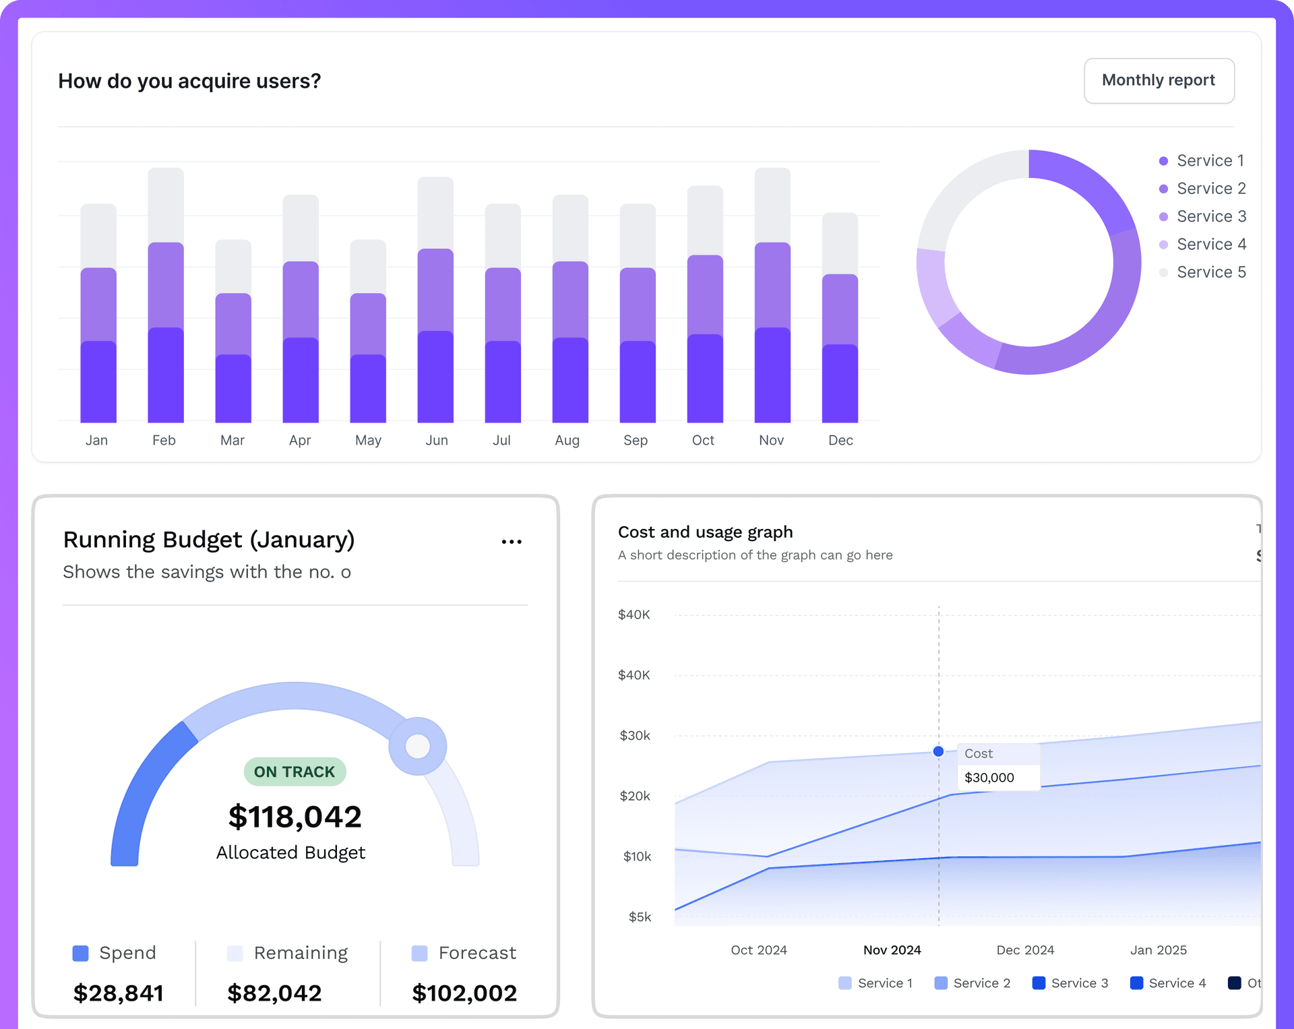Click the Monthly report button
1159,81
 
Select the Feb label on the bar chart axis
164,440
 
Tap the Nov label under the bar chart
771,440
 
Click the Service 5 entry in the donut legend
1210,272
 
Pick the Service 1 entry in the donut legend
1210,160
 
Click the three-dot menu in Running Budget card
512,542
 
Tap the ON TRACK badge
295,772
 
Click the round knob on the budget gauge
418,746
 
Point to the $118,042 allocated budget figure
295,817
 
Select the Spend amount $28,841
119,993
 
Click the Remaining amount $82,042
274,993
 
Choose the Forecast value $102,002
464,993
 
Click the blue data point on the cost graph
938,751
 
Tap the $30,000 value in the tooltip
989,778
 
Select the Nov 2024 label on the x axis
892,950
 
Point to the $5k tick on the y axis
640,917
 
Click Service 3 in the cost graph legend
1079,983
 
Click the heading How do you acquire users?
189,81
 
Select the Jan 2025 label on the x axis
1158,950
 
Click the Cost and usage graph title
705,532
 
